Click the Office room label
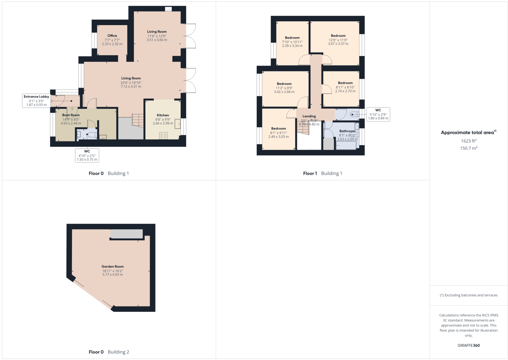coord(112,36)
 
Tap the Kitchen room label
coord(163,115)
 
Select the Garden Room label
coord(112,267)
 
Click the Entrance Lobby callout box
coord(36,101)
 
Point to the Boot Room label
coord(71,115)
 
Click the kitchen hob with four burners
coord(163,135)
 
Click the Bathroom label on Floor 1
coord(347,131)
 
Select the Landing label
coord(309,116)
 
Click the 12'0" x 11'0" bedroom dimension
coord(338,40)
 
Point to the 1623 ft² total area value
coord(469,141)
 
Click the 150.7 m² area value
coord(469,148)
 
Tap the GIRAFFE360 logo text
coord(469,345)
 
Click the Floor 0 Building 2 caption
coord(109,352)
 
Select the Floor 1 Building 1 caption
coord(323,173)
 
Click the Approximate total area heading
coord(468,133)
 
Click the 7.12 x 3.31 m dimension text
coord(131,87)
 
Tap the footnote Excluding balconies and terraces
coord(469,295)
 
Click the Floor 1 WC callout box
coord(378,114)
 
